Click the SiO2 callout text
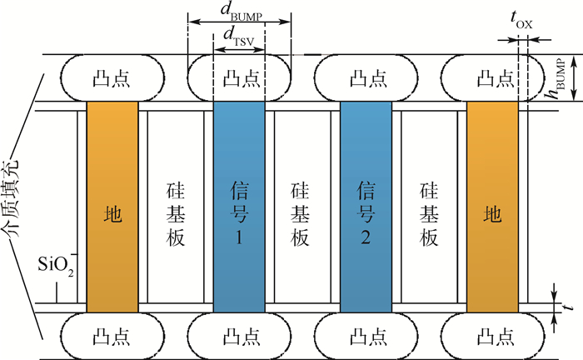pyautogui.click(x=57, y=267)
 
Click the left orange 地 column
pyautogui.click(x=112, y=213)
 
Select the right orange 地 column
pyautogui.click(x=492, y=213)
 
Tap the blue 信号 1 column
pyautogui.click(x=239, y=213)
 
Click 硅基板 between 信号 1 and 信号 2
pyautogui.click(x=302, y=213)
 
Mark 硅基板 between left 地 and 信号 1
pyautogui.click(x=175, y=213)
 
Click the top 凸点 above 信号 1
pyautogui.click(x=239, y=78)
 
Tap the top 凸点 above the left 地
pyautogui.click(x=112, y=78)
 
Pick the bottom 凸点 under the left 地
pyautogui.click(x=112, y=336)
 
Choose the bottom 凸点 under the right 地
pyautogui.click(x=492, y=336)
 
